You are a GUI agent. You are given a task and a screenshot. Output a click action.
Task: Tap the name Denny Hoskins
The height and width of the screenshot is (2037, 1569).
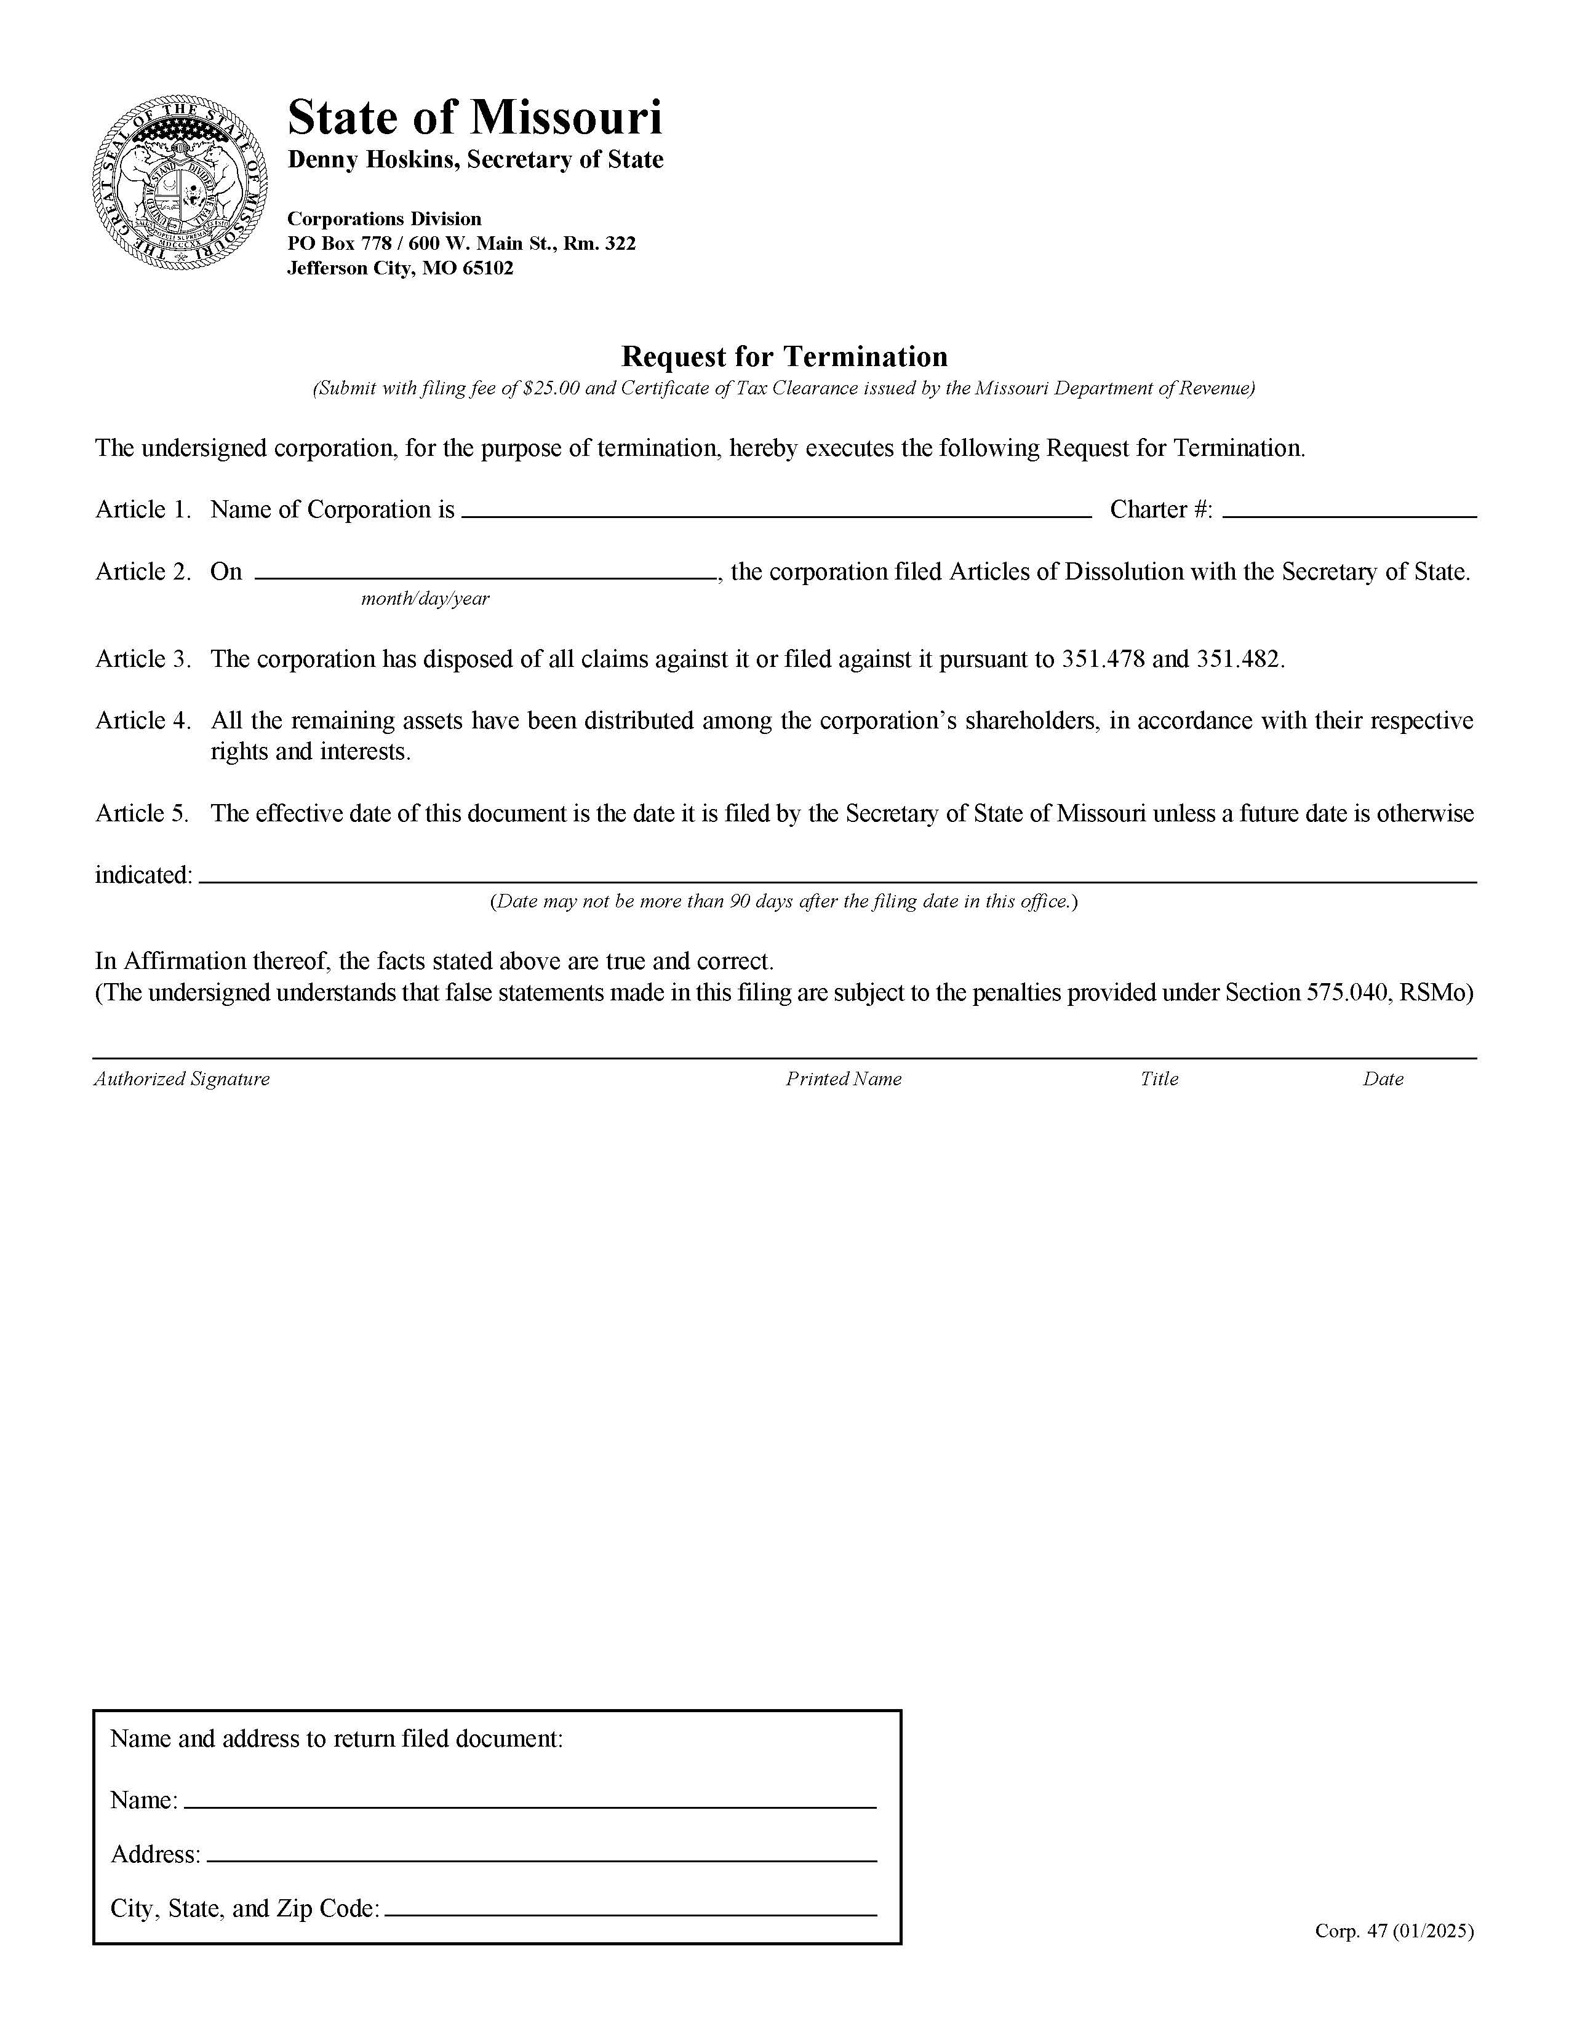coord(372,159)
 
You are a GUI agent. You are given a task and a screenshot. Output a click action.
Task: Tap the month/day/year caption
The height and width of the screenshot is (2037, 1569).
coord(425,599)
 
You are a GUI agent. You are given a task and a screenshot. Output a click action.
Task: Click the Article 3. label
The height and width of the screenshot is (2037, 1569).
coord(143,660)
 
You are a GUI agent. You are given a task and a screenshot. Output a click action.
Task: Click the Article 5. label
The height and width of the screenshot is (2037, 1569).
coord(143,813)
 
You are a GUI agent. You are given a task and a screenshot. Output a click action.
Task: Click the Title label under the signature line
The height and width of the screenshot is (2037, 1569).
coord(1159,1079)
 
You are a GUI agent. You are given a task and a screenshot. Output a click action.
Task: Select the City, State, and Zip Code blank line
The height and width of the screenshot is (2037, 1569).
coord(631,1907)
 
